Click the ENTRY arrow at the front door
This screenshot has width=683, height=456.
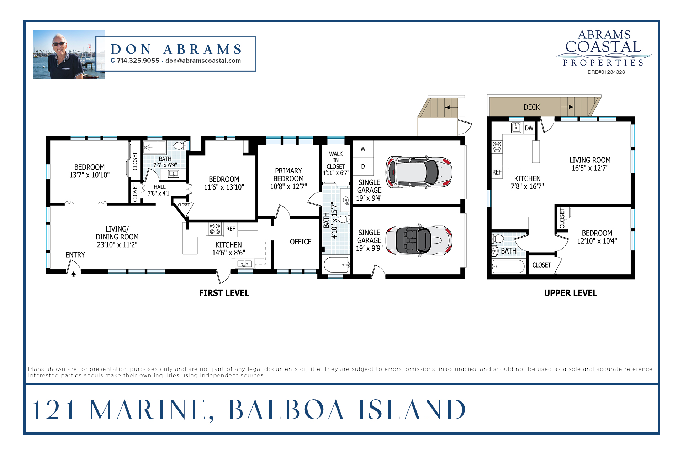pyautogui.click(x=74, y=274)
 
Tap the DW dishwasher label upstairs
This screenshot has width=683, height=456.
pyautogui.click(x=529, y=128)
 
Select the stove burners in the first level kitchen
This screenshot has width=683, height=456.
pyautogui.click(x=215, y=229)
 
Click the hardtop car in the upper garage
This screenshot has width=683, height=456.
pyautogui.click(x=419, y=172)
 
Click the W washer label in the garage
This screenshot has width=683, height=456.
pyautogui.click(x=363, y=149)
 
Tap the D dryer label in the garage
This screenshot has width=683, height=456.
pyautogui.click(x=363, y=166)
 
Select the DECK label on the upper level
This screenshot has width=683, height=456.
pyautogui.click(x=531, y=107)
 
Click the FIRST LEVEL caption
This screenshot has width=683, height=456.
pyautogui.click(x=224, y=293)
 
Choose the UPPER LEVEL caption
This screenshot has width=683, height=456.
pyautogui.click(x=571, y=293)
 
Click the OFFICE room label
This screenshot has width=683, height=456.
pyautogui.click(x=301, y=242)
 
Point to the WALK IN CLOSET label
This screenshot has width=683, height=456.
pyautogui.click(x=336, y=160)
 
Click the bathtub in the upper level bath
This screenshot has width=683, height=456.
pyautogui.click(x=508, y=266)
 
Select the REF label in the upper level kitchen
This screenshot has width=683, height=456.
pyautogui.click(x=497, y=172)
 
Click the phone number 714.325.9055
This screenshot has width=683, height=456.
pyautogui.click(x=138, y=61)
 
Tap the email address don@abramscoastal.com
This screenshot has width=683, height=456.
pyautogui.click(x=203, y=61)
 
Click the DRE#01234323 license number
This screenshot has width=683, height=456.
pyautogui.click(x=606, y=72)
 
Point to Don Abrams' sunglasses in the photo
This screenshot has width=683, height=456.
pyautogui.click(x=59, y=44)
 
